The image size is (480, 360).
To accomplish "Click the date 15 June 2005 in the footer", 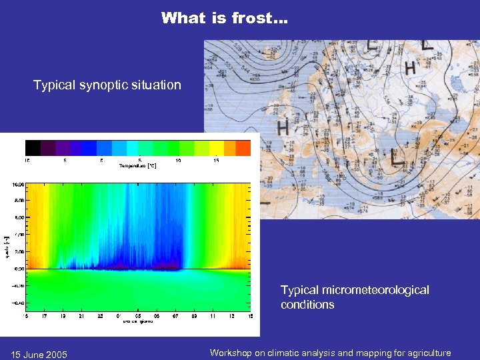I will (x=38, y=353).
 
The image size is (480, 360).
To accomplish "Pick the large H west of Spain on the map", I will (x=283, y=126).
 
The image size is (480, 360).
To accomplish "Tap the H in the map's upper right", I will (x=410, y=67).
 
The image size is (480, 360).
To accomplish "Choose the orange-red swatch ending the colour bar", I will (x=243, y=148).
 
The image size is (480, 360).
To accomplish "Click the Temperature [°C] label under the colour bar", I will (x=137, y=165).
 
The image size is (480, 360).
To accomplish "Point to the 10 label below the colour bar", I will (x=179, y=160).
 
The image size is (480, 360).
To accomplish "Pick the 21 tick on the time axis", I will (x=80, y=315).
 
